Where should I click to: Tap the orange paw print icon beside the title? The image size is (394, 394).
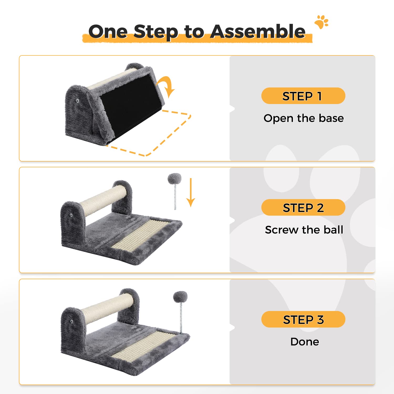coord(322,22)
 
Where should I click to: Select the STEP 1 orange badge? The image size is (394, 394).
coord(303,96)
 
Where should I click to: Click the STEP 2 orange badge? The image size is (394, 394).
coord(303,208)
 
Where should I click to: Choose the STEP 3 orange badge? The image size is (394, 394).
coord(303,319)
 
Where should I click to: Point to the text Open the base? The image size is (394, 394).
coord(304,118)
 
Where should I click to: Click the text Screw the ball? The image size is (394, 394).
coord(304,230)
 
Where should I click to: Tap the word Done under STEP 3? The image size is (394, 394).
coord(305,342)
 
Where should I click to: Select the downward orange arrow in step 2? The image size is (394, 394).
coord(191,192)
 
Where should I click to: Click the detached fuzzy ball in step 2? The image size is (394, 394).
coord(174,179)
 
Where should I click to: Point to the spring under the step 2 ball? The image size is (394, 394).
coord(175,197)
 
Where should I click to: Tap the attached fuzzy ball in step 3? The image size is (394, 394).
coord(180,297)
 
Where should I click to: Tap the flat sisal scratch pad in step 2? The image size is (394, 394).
coord(141,235)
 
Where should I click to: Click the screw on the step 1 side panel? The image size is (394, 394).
coord(77,101)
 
